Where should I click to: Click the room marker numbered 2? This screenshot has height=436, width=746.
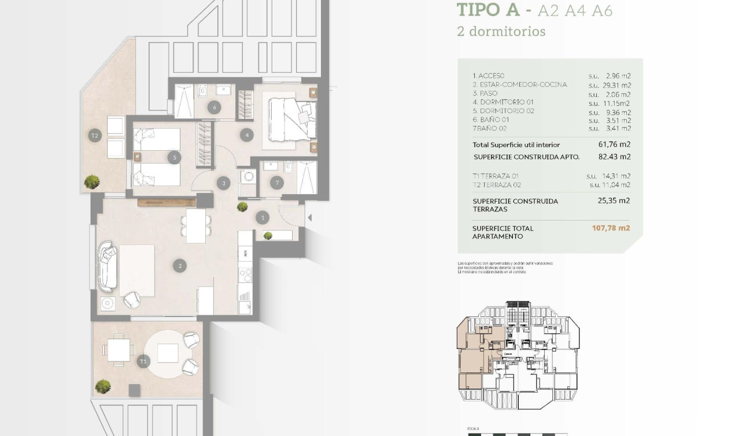pos(180,266)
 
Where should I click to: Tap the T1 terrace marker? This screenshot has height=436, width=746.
pos(143,362)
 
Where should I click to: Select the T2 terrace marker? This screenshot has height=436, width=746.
pos(95,136)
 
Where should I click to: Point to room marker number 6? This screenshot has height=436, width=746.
pos(214,107)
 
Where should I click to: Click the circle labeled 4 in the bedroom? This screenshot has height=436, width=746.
pos(247,135)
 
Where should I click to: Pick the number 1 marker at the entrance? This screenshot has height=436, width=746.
pos(263,218)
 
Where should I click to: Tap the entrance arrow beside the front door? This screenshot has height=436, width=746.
pos(310,218)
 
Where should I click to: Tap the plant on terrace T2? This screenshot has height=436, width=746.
pos(91,182)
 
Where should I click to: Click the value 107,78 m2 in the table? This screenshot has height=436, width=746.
pos(611,228)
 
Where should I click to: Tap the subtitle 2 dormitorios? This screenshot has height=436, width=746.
pos(501,31)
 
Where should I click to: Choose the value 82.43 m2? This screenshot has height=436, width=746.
pos(614,156)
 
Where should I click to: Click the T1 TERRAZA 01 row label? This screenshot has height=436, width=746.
pos(496,176)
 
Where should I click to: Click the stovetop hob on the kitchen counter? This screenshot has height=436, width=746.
pos(245,274)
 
